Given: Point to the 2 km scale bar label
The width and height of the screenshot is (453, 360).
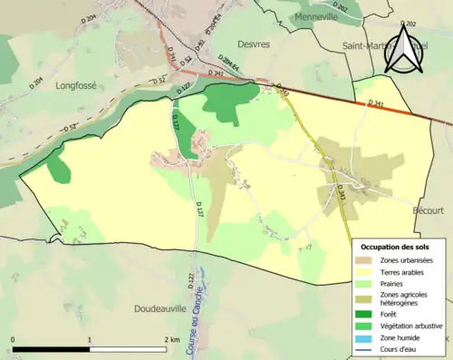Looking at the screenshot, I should [x=172, y=340].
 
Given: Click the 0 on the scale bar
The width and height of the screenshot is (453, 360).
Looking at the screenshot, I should [x=14, y=340].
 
